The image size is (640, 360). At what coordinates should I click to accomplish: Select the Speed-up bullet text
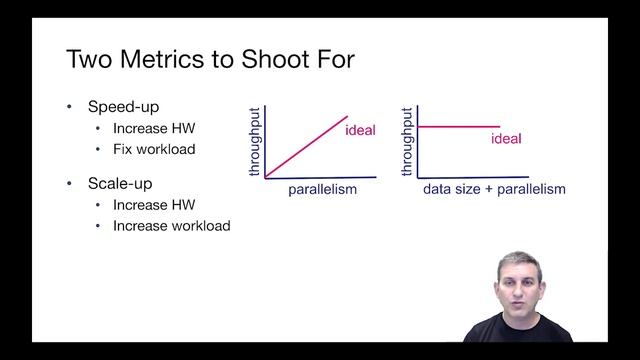123,107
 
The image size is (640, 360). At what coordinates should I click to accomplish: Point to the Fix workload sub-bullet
153,149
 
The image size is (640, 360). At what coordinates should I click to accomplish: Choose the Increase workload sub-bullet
171,225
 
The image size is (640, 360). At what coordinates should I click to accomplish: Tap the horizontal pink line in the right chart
458,126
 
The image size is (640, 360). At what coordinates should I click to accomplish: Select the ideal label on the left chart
360,131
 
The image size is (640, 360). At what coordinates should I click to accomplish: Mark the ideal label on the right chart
506,138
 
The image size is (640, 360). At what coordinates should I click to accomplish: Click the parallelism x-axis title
322,189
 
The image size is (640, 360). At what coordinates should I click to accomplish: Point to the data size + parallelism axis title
494,189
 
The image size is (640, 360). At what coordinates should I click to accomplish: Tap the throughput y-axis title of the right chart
409,140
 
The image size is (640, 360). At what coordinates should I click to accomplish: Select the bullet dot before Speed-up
70,107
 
